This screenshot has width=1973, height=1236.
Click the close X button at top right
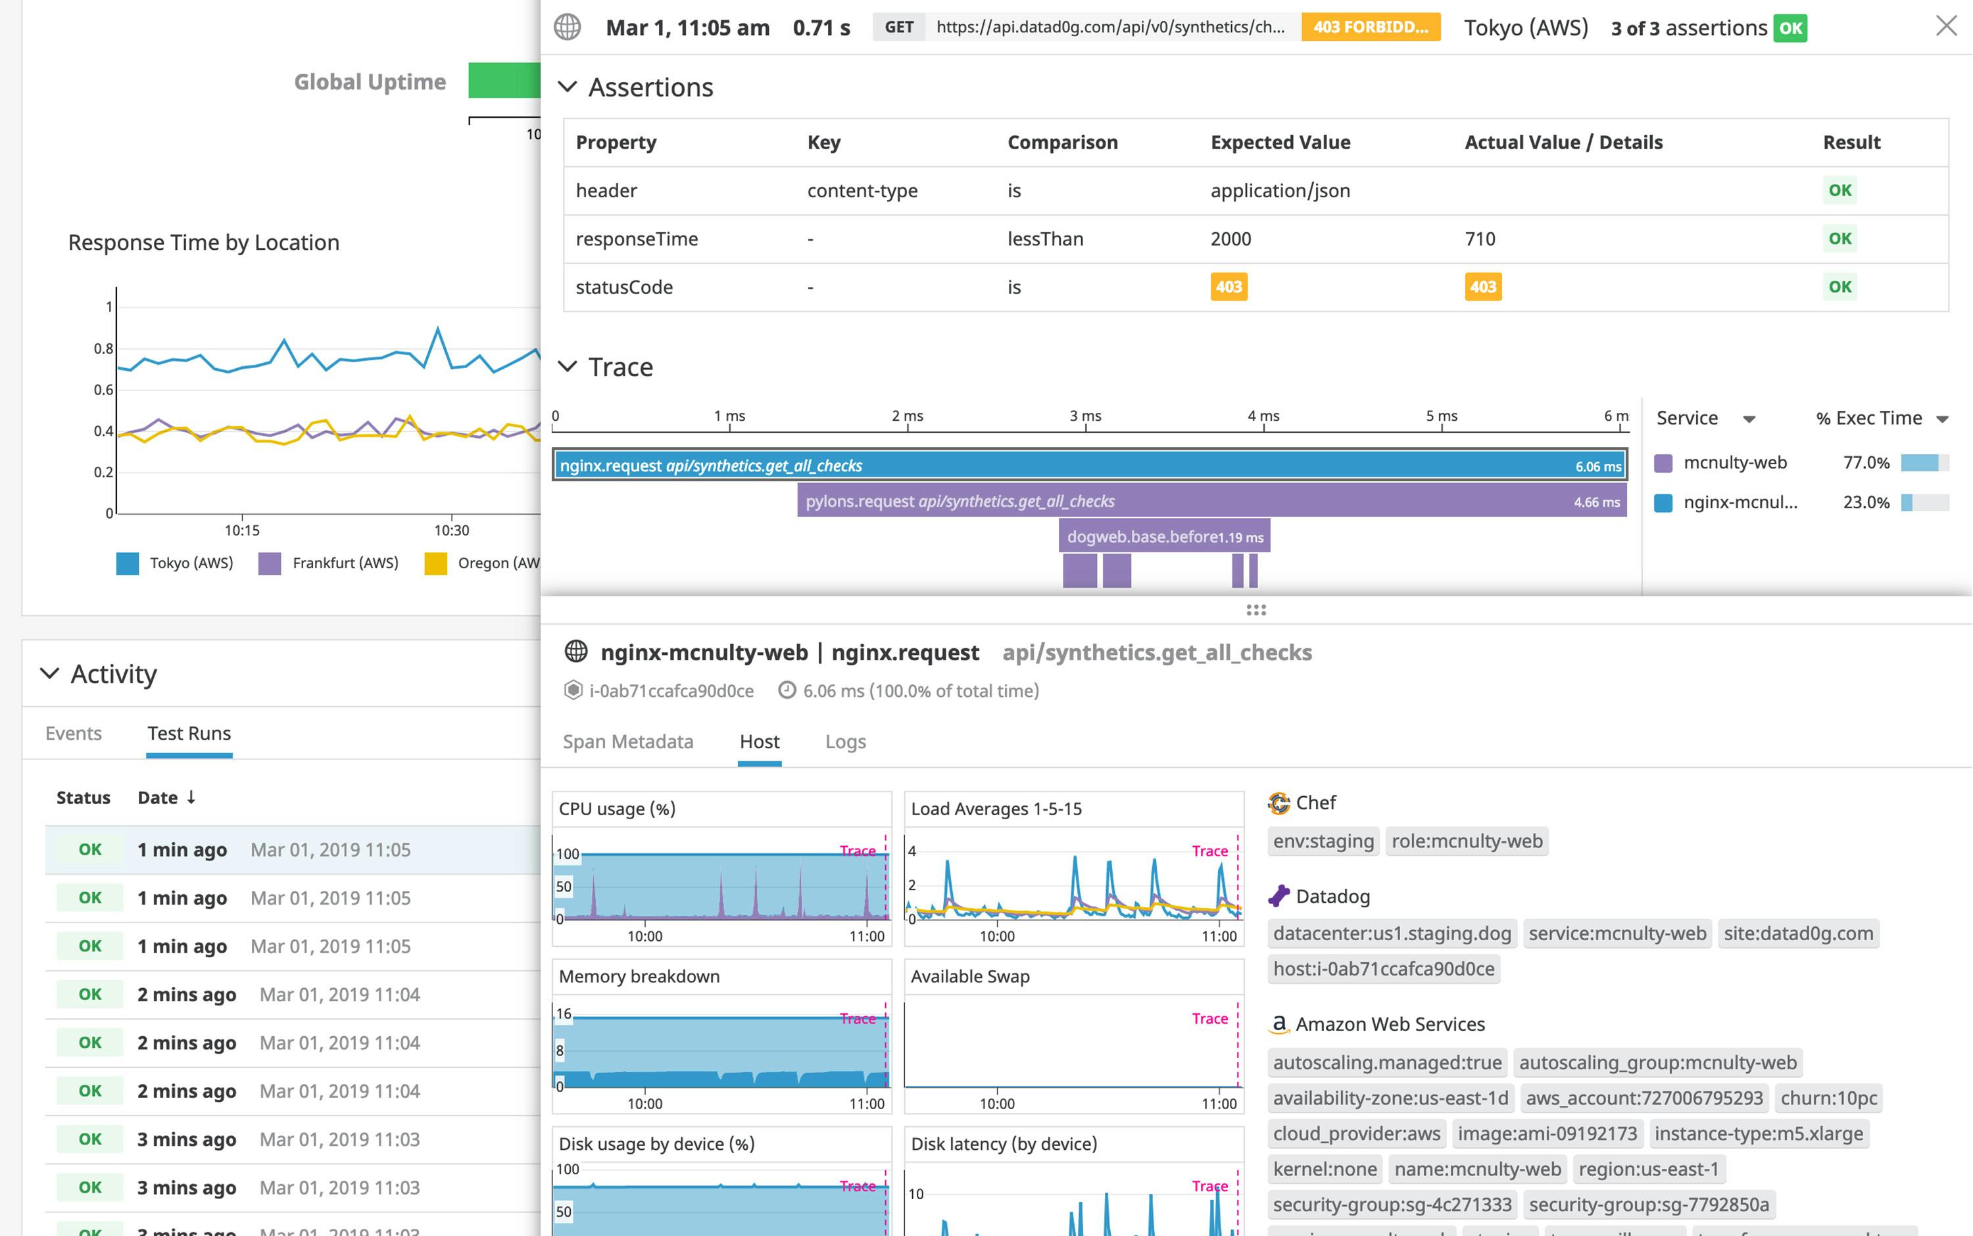point(1946,26)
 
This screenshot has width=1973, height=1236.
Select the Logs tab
point(844,742)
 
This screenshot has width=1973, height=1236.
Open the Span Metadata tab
point(627,742)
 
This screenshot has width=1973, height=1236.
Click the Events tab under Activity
point(74,733)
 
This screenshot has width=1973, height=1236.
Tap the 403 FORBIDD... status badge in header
point(1371,27)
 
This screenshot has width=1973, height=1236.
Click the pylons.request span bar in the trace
point(1210,501)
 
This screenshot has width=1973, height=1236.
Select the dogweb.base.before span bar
point(1163,537)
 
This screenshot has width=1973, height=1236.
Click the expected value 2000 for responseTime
point(1230,239)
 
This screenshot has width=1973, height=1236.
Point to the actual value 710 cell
point(1480,239)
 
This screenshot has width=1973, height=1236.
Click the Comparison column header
point(1062,142)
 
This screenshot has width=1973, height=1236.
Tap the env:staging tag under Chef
point(1323,841)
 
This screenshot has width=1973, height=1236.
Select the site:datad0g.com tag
point(1798,934)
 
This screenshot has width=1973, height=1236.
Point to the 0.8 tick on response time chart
point(104,349)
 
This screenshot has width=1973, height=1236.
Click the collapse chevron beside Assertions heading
point(568,87)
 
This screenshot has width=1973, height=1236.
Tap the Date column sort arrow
point(191,797)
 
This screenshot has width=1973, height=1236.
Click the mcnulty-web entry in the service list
point(1734,463)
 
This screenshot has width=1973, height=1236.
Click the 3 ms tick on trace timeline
point(1085,416)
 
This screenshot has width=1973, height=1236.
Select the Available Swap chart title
point(970,976)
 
